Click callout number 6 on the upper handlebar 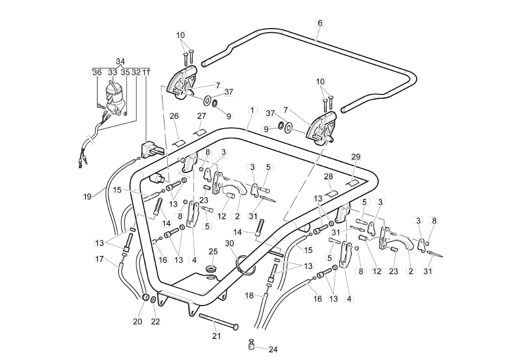[320, 23]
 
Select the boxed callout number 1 [252, 110]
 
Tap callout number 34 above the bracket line [121, 61]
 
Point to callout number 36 [97, 72]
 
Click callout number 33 [112, 72]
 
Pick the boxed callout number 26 [174, 116]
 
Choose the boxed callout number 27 [202, 116]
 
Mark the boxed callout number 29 [356, 157]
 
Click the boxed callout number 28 [328, 177]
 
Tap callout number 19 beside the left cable [87, 196]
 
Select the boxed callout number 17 [99, 259]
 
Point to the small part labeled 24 [251, 344]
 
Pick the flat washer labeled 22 [153, 300]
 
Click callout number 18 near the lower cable [249, 295]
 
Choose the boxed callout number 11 [147, 72]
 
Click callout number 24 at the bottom [273, 349]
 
